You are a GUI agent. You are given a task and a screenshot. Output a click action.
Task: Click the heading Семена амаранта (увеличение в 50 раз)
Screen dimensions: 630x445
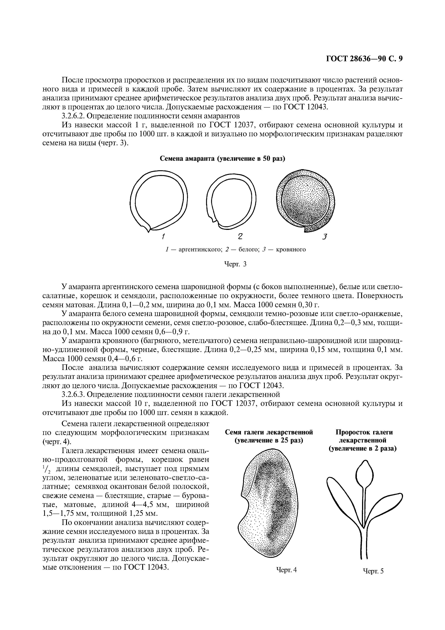tap(222, 159)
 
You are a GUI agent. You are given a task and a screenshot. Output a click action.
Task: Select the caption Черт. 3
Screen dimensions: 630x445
tap(236, 264)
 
